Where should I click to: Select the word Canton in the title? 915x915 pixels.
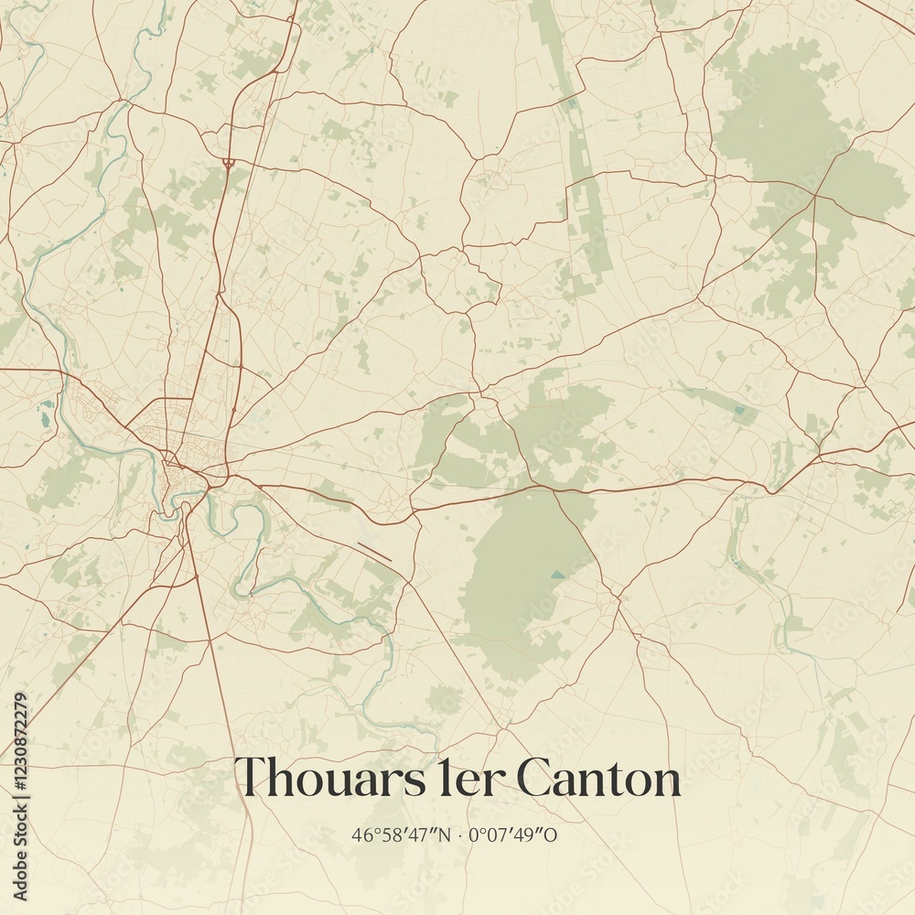[x=598, y=779]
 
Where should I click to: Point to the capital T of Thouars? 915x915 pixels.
[x=253, y=777]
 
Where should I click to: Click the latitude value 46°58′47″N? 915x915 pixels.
[x=401, y=834]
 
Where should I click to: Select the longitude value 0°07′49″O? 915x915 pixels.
[x=513, y=834]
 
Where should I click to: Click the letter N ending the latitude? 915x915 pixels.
[x=444, y=834]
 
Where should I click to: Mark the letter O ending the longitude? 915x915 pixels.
[x=552, y=834]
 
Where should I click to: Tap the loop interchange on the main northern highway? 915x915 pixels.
[x=228, y=163]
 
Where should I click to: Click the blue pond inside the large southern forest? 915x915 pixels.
[x=557, y=576]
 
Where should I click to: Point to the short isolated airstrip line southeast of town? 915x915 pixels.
[x=375, y=551]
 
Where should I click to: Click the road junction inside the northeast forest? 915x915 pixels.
[x=813, y=196]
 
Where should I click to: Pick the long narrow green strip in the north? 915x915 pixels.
[x=586, y=183]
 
